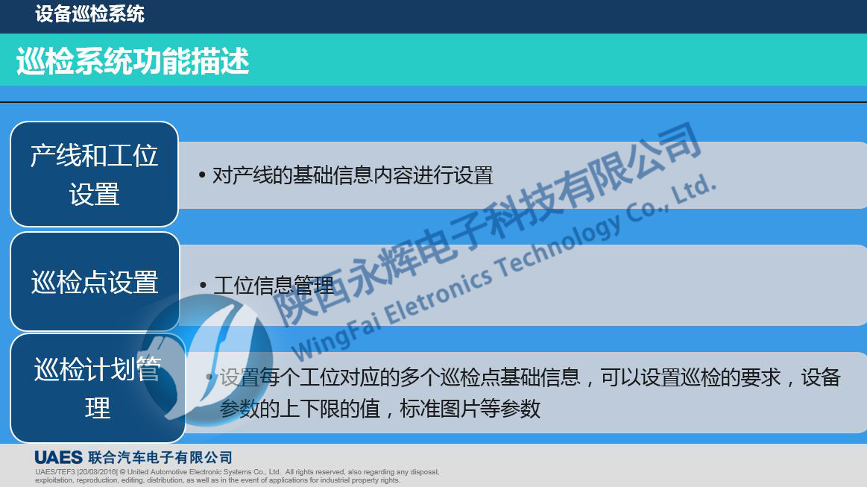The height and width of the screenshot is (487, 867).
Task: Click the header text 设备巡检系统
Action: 89,13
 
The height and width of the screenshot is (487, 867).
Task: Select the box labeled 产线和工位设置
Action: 94,175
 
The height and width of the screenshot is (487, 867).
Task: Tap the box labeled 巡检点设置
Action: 95,282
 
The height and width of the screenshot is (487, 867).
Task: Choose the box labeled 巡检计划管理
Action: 98,388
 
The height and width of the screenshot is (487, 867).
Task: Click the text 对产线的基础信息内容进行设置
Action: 353,175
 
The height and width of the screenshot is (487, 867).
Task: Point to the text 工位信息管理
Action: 274,285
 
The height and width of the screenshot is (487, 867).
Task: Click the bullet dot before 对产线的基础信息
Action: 202,176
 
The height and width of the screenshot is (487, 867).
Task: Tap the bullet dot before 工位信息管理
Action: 203,285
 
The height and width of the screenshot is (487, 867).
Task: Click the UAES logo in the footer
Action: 58,457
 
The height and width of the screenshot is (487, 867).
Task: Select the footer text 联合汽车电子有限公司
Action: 160,457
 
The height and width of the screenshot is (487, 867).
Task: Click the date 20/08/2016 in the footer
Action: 97,472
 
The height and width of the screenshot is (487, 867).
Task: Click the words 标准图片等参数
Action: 470,409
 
